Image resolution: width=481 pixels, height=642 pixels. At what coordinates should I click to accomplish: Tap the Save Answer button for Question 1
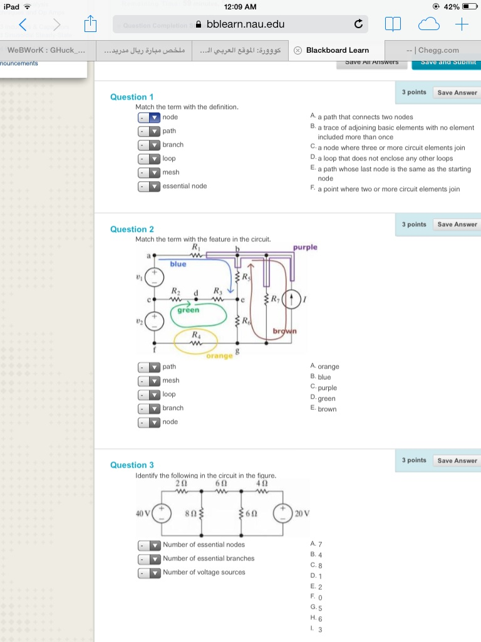(457, 93)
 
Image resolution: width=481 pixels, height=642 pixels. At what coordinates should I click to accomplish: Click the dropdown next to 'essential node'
(149, 186)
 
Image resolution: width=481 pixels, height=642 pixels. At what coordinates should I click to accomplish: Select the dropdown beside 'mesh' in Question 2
(149, 381)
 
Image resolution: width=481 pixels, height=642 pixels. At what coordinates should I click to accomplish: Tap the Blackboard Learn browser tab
(337, 50)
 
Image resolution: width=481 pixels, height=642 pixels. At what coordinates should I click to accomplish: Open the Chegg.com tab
(433, 50)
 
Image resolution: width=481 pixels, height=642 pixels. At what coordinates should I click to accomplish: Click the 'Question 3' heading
(132, 465)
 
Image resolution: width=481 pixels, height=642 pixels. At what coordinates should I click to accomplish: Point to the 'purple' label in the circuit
(305, 247)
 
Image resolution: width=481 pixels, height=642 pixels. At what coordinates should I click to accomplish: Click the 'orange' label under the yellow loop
(220, 356)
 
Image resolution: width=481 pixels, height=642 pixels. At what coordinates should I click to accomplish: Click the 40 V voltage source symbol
(162, 513)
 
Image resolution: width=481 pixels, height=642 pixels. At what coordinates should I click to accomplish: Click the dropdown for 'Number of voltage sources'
(149, 572)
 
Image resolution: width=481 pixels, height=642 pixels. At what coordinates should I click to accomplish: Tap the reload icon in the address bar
(358, 24)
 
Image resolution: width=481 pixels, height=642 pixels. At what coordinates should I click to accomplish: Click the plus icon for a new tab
(462, 24)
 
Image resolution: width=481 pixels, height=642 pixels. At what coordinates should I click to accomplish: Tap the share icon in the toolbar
(90, 24)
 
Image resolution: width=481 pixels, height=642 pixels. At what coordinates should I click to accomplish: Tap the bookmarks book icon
(392, 24)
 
